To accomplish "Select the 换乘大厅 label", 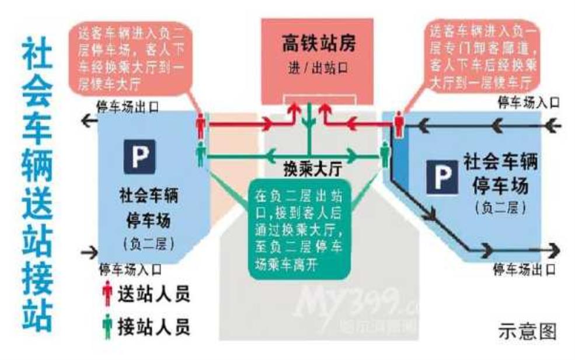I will pos(312,169).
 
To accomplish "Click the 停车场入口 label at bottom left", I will pos(130,270).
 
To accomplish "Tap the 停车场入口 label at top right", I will pos(528,103).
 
